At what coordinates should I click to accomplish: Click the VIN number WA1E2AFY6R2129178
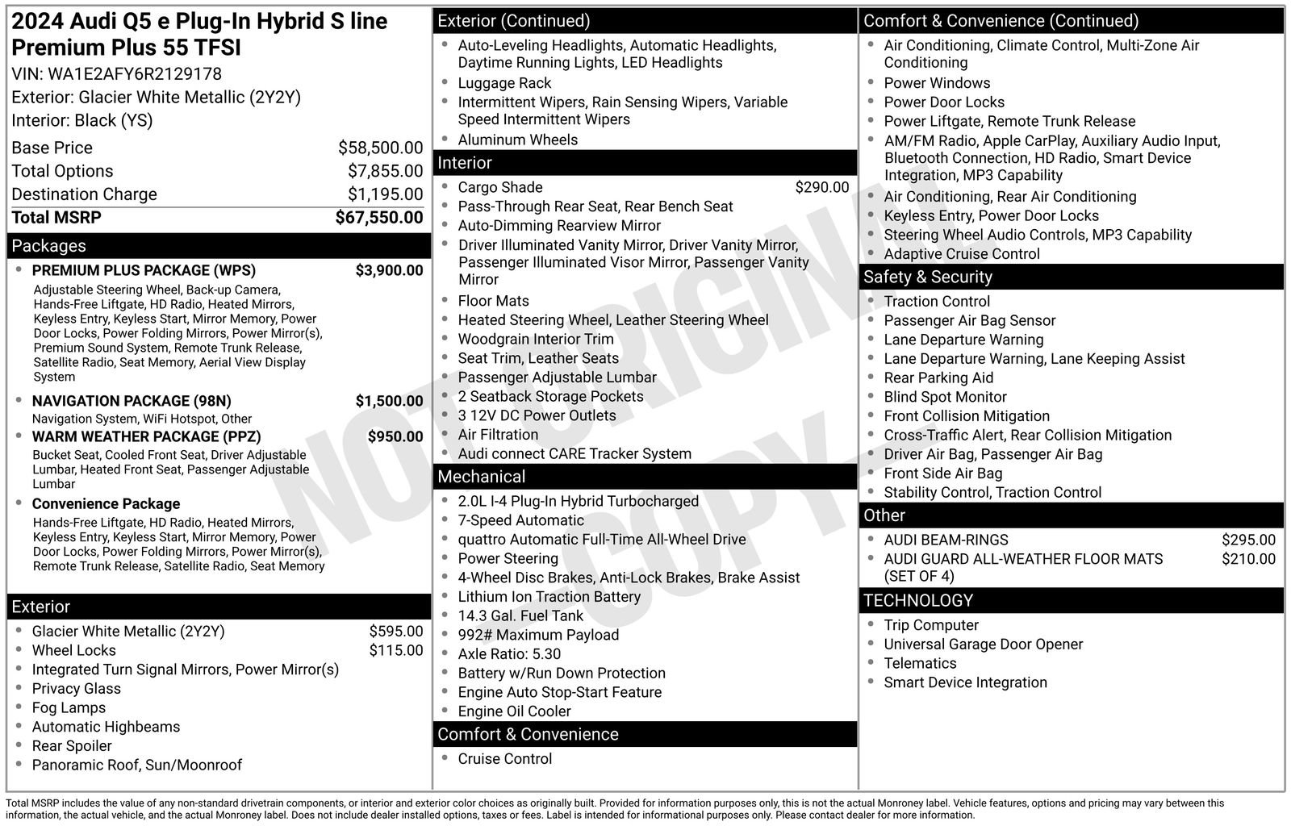pos(135,74)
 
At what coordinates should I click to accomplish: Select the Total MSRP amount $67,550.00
pos(378,218)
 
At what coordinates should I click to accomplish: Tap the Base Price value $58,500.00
pos(380,148)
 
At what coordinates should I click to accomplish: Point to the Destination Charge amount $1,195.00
pos(385,194)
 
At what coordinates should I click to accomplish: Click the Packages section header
pos(49,246)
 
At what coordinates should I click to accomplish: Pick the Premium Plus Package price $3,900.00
pos(389,270)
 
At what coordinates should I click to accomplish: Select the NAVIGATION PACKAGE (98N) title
pos(132,401)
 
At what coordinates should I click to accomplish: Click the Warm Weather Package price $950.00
pos(395,436)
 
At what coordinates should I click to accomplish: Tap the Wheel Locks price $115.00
pos(395,650)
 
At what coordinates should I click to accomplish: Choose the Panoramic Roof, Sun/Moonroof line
pos(136,765)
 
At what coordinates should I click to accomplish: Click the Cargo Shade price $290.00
pos(821,187)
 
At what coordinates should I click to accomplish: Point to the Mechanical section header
pos(481,477)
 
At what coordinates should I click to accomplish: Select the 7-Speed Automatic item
pos(520,520)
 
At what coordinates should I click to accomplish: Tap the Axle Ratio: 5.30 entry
pos(509,654)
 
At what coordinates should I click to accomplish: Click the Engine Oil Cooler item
pos(514,711)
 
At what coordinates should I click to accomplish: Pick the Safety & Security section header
pos(927,277)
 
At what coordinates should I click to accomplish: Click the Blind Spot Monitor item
pos(945,397)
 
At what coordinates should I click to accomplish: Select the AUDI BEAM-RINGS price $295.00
pos(1248,540)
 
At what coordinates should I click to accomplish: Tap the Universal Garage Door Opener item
pos(983,645)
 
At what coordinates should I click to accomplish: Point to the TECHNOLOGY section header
pos(918,600)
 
